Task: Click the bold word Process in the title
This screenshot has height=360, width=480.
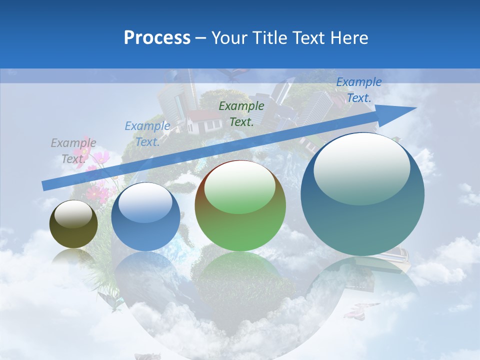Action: click(x=157, y=38)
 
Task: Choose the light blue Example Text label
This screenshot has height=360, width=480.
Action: click(x=147, y=134)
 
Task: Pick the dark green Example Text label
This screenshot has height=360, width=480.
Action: click(x=241, y=113)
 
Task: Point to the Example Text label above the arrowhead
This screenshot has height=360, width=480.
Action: click(x=358, y=90)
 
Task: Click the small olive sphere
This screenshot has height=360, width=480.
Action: click(x=73, y=224)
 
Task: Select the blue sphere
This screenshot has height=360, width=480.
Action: click(x=145, y=217)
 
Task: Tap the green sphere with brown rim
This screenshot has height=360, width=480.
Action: click(x=240, y=206)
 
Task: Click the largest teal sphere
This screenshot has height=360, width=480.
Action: click(x=362, y=194)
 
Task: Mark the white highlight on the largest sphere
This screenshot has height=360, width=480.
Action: click(x=361, y=168)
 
